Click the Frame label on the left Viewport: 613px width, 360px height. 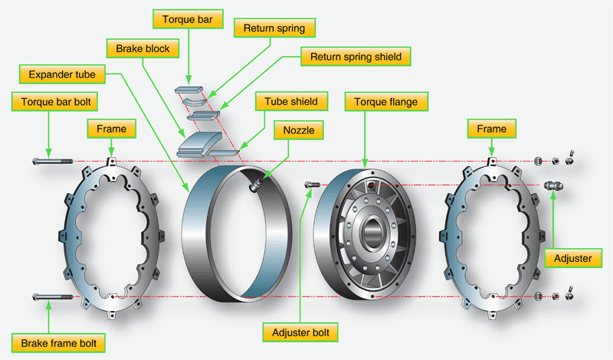[x=112, y=129]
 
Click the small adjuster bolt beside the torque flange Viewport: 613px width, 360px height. [x=311, y=185]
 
